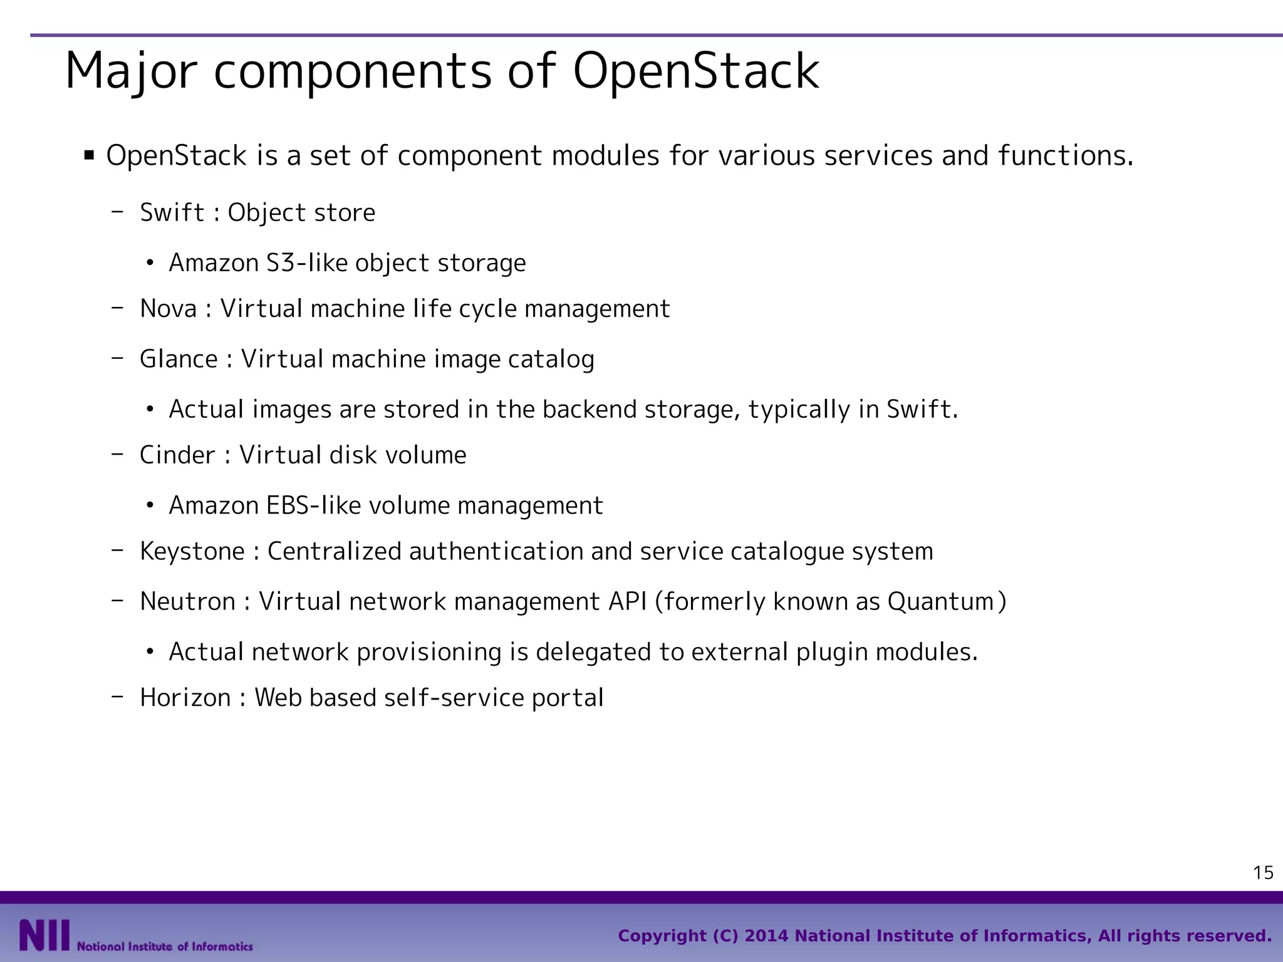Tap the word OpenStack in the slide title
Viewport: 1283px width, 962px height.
pyautogui.click(x=695, y=71)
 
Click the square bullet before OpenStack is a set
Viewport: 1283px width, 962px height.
pyautogui.click(x=89, y=155)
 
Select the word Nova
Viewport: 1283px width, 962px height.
pyautogui.click(x=168, y=309)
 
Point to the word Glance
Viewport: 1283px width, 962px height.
pyautogui.click(x=179, y=359)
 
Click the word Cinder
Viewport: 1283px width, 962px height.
pyautogui.click(x=177, y=455)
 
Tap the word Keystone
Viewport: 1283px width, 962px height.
pyautogui.click(x=192, y=552)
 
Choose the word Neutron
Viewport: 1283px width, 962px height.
pyautogui.click(x=187, y=602)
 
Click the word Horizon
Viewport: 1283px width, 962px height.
pyautogui.click(x=185, y=698)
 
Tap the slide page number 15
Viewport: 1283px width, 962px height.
pyautogui.click(x=1263, y=872)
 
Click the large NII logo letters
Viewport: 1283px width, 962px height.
pyautogui.click(x=44, y=936)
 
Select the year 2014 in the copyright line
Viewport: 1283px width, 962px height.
pyautogui.click(x=766, y=936)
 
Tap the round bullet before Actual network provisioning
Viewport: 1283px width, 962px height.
pyautogui.click(x=150, y=653)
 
